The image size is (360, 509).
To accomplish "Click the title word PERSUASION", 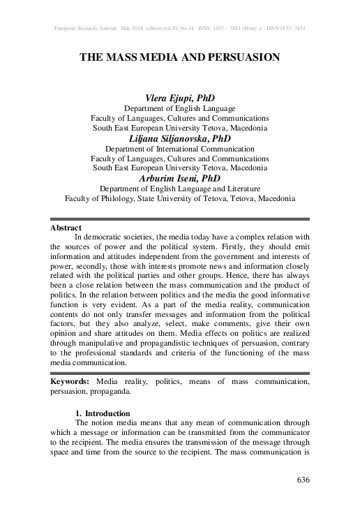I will tap(241, 58).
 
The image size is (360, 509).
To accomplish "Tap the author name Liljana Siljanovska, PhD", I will tap(180, 139).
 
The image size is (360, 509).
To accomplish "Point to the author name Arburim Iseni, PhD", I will tap(180, 179).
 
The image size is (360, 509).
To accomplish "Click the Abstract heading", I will tap(66, 228).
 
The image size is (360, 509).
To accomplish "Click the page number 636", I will tap(302, 480).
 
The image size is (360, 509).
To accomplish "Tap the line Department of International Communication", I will tap(180, 149).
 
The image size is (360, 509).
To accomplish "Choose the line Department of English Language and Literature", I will tap(180, 189).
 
